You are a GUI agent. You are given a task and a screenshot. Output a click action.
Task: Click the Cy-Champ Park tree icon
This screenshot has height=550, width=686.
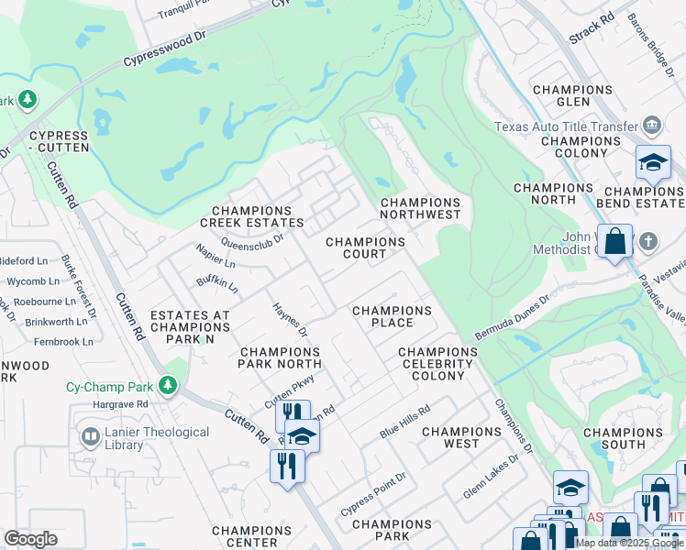click(x=167, y=385)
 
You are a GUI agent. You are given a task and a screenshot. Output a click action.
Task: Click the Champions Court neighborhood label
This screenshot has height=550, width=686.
click(x=366, y=247)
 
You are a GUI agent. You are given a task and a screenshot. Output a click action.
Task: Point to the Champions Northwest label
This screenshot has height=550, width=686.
click(x=420, y=208)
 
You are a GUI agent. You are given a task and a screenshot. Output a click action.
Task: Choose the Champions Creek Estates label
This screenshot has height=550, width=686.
click(x=252, y=216)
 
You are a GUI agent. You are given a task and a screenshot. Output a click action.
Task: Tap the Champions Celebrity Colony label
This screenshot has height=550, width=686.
click(x=437, y=364)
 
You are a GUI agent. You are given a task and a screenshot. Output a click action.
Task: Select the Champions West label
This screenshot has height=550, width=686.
click(x=461, y=437)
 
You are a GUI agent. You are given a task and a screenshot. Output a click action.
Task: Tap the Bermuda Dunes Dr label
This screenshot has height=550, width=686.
click(x=511, y=317)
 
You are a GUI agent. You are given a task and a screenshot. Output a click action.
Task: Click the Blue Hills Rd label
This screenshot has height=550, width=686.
click(x=404, y=422)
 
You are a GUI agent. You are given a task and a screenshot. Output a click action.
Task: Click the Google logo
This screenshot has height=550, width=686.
click(x=30, y=538)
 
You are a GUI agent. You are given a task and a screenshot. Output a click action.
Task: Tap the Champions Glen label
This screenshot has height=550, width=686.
click(x=572, y=95)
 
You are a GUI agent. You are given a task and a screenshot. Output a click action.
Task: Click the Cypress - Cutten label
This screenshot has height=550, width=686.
click(x=59, y=140)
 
